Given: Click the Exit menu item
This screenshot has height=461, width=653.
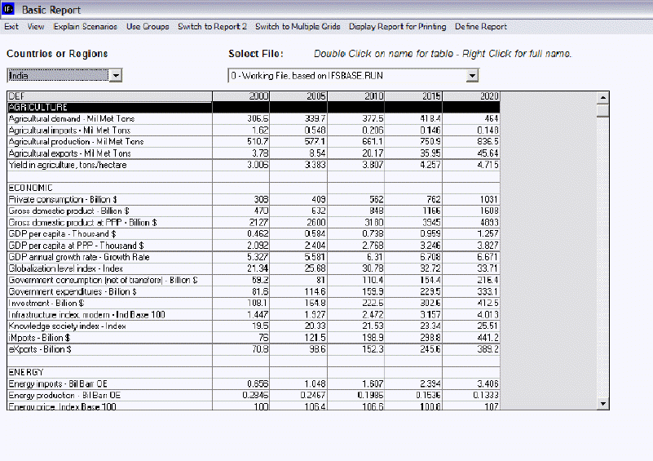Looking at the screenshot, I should [x=11, y=27].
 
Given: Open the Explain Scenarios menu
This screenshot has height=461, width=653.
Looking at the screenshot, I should [x=86, y=27].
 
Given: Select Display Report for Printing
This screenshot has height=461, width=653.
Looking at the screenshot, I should [x=397, y=27].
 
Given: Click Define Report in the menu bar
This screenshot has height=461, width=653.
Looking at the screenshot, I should [x=481, y=27].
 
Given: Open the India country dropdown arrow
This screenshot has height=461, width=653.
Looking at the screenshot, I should [x=116, y=76].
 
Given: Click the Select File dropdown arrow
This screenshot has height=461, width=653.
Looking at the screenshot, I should [x=471, y=76].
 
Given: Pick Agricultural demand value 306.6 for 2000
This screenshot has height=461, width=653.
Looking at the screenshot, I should [x=241, y=119].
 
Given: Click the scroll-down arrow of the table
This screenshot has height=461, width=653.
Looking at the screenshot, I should [x=603, y=403].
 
